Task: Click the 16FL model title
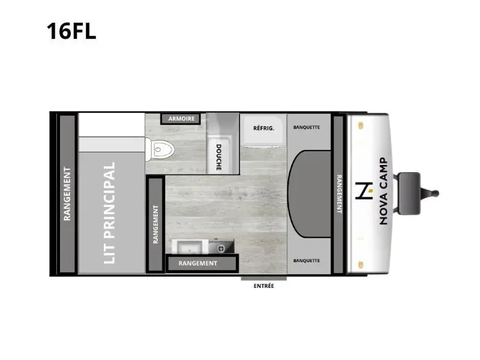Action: (71, 31)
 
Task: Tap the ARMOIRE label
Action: (181, 118)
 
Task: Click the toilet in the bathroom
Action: (160, 149)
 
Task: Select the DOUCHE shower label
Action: (218, 157)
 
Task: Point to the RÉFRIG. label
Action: (263, 128)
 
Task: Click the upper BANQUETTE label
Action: (307, 127)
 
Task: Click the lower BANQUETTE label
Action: (307, 260)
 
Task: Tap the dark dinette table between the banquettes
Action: (310, 194)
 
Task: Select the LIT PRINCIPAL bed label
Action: (109, 213)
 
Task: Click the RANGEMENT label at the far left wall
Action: (67, 194)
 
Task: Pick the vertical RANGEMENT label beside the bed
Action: (155, 224)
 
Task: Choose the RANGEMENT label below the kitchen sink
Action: (198, 263)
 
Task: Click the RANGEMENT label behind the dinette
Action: (339, 194)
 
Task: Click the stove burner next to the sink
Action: (221, 248)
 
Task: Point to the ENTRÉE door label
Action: (263, 286)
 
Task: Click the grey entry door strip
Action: (263, 278)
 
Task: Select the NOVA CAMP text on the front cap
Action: (383, 191)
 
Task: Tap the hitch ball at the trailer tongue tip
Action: (436, 193)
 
